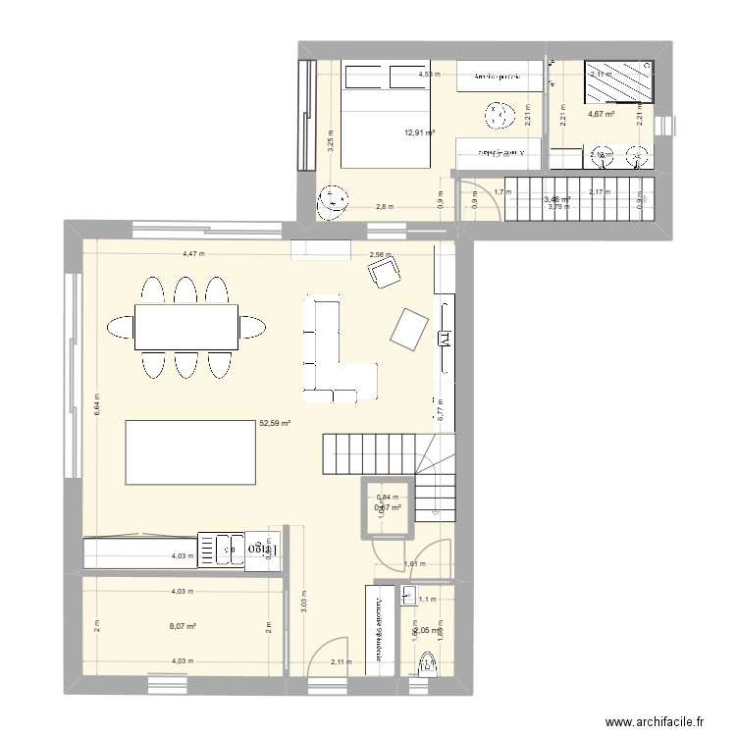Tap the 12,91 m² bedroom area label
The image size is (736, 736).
pos(419,132)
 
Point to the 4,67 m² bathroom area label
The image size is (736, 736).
pos(601,115)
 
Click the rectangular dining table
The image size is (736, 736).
pos(187,327)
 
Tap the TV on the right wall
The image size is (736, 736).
pos(442,339)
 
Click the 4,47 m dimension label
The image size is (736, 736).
pos(194,254)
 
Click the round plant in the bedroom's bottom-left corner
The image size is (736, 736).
pos(333,203)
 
